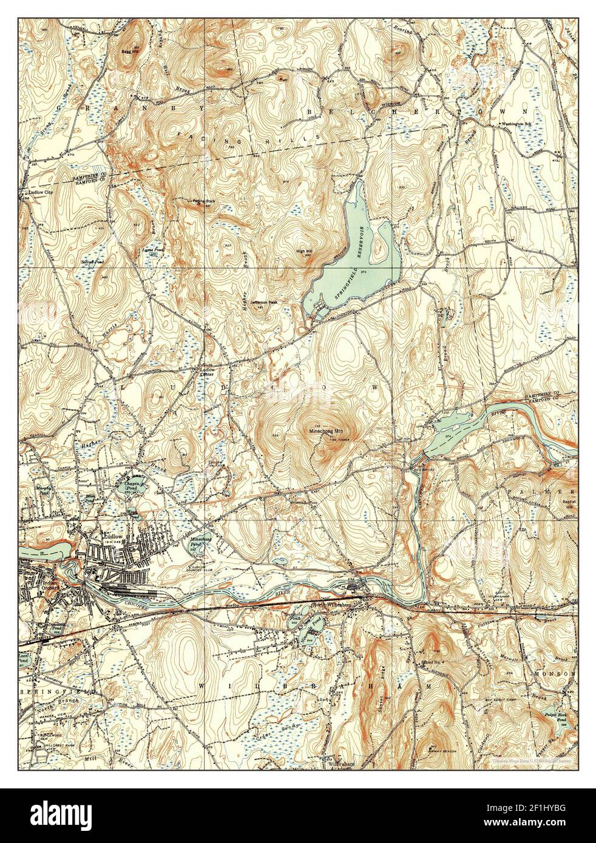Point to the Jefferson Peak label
(x=261, y=301)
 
